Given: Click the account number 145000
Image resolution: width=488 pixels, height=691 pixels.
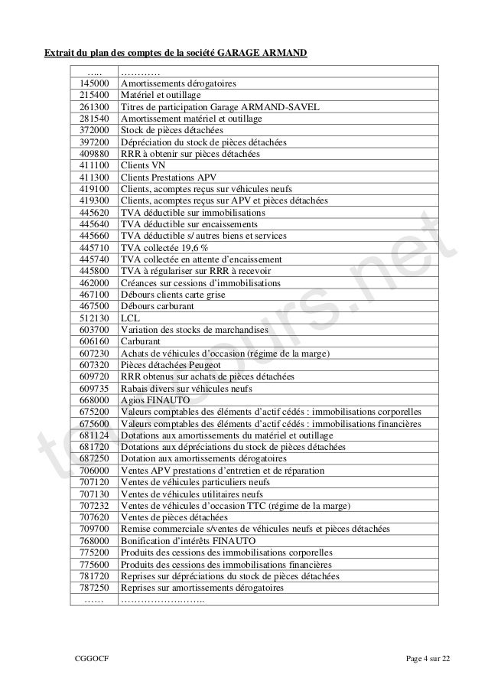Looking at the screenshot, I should (x=94, y=83).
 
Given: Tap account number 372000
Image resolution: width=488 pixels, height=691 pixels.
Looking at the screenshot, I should (x=94, y=130).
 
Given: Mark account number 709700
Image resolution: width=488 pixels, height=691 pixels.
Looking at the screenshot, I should (x=94, y=530).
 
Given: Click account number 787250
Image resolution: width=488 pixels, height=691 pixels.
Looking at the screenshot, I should (x=94, y=588).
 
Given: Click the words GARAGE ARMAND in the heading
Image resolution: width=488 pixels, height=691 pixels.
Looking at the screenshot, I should (x=262, y=53).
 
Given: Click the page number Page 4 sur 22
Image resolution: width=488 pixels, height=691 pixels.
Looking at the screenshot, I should (x=428, y=659).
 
